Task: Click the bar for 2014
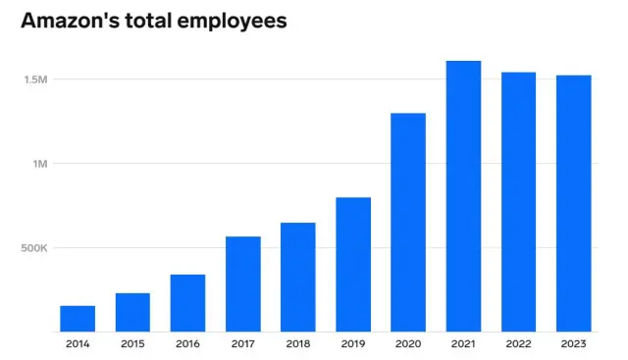[x=78, y=319]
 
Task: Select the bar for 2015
[x=132, y=312]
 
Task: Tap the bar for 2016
[x=187, y=303]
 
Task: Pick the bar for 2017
[x=242, y=284]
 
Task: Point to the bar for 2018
[x=298, y=278]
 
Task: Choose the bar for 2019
[x=353, y=265]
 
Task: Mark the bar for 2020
[x=408, y=223]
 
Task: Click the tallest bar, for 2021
[x=463, y=196]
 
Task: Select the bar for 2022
[x=518, y=202]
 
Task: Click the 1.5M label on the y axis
[x=34, y=78]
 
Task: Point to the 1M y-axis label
[x=39, y=163]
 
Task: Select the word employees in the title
[x=232, y=22]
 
